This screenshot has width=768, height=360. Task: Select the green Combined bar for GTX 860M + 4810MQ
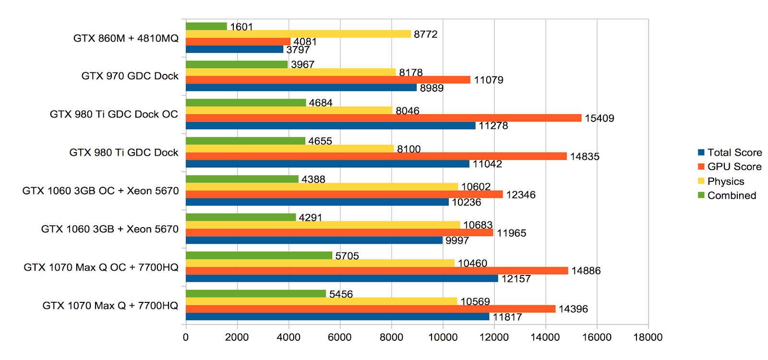(x=206, y=26)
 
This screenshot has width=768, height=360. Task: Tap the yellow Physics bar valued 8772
(x=298, y=34)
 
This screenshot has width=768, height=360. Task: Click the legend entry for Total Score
(x=730, y=153)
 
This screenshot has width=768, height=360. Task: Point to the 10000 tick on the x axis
(x=443, y=337)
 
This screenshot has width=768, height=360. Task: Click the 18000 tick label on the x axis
(x=648, y=337)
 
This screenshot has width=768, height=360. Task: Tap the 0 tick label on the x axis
(x=186, y=337)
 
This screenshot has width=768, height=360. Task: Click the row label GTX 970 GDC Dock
(x=130, y=76)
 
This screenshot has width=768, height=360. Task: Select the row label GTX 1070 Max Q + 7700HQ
(x=110, y=306)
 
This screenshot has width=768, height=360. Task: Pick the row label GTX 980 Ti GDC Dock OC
(x=114, y=114)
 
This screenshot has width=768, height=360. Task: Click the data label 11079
(x=488, y=80)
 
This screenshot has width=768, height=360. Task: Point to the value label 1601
(x=241, y=27)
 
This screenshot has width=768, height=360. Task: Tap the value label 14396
(x=573, y=309)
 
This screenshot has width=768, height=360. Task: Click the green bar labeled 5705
(x=259, y=255)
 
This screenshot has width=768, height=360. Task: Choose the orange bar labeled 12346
(x=344, y=194)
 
